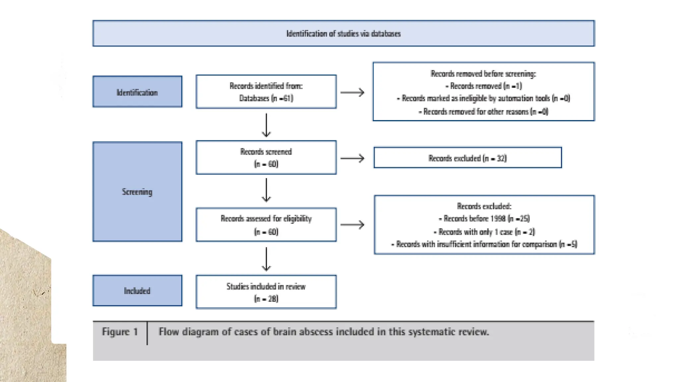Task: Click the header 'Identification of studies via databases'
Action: click(x=343, y=33)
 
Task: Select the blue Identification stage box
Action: click(x=137, y=92)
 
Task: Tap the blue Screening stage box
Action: click(x=137, y=192)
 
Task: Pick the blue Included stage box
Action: click(x=137, y=291)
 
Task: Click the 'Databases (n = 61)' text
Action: click(x=266, y=98)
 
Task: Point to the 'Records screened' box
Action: click(x=266, y=158)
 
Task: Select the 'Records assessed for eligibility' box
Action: click(x=266, y=225)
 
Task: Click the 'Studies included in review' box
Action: click(x=266, y=292)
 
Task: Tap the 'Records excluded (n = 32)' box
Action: click(x=467, y=158)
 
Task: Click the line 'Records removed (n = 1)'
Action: click(x=484, y=86)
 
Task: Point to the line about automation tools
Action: click(x=484, y=98)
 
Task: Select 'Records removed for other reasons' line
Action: click(x=484, y=112)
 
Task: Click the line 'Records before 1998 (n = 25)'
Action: click(x=484, y=219)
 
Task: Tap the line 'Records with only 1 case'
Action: click(x=484, y=232)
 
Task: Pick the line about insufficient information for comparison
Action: click(x=484, y=244)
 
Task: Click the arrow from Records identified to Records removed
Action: click(x=352, y=92)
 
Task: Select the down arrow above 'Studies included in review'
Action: click(x=266, y=259)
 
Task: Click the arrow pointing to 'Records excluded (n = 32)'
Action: click(x=352, y=159)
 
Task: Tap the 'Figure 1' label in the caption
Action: click(x=120, y=332)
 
